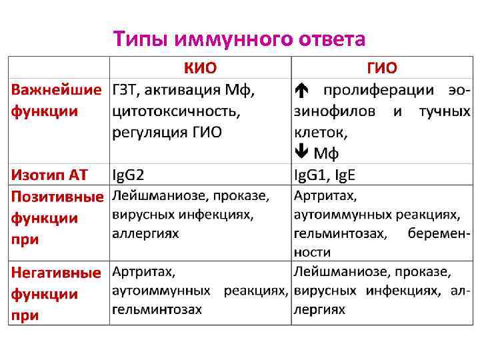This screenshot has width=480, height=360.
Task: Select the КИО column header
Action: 200,68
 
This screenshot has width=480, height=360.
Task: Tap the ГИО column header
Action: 382,68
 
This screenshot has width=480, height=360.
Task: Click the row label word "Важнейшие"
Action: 57,89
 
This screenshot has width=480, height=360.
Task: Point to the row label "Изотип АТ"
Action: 50,175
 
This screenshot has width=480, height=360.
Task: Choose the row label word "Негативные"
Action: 56,273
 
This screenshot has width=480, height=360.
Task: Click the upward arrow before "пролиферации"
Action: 301,89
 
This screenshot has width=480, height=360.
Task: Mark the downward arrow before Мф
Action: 301,153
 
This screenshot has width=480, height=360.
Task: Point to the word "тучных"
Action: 444,111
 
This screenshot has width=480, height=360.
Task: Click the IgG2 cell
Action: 128,175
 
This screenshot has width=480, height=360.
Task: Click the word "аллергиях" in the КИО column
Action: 145,234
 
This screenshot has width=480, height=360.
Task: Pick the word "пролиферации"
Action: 371,89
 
